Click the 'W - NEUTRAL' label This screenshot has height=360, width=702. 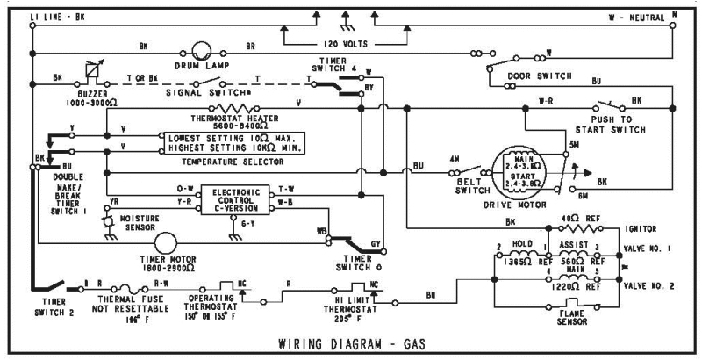point(636,17)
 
